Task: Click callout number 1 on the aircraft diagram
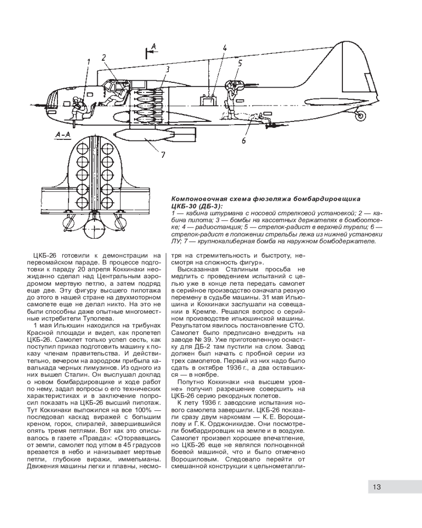[x=89, y=61]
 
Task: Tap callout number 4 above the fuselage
[x=225, y=48]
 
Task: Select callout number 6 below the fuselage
[x=244, y=140]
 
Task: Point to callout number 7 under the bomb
[x=163, y=154]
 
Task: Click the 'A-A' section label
[x=63, y=136]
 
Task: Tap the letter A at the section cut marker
[x=154, y=48]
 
